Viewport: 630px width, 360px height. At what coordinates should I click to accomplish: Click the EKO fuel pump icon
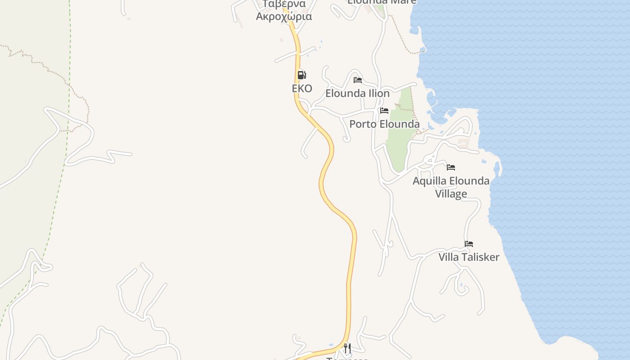coord(301,75)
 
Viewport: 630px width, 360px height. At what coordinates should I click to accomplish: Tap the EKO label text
coord(302,88)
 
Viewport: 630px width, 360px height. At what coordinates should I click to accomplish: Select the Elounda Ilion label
coord(357,94)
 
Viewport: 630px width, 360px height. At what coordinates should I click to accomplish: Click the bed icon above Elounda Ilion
coord(358,80)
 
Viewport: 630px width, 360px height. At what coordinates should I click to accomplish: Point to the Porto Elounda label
coord(384,124)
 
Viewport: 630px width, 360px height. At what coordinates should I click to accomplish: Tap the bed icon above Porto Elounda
coord(384,111)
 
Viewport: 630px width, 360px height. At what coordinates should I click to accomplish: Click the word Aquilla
coord(429,181)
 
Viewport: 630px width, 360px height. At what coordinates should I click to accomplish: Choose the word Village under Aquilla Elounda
coord(451,194)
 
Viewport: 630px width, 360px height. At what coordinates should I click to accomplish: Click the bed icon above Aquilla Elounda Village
coord(451,167)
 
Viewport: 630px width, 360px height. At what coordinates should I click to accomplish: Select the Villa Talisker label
coord(469,257)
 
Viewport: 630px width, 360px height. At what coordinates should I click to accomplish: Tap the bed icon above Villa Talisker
coord(469,244)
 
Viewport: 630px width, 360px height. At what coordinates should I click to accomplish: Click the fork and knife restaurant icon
coord(347,348)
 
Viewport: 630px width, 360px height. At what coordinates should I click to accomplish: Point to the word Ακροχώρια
coord(284,17)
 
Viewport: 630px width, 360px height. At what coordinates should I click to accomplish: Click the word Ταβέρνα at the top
coord(284,4)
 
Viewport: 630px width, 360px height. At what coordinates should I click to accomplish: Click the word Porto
coord(362,124)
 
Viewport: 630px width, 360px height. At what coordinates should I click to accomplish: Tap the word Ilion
coord(379,94)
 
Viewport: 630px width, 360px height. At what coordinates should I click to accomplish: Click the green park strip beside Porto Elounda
coord(400,144)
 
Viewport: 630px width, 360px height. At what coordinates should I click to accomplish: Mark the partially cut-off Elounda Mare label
coord(382,2)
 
